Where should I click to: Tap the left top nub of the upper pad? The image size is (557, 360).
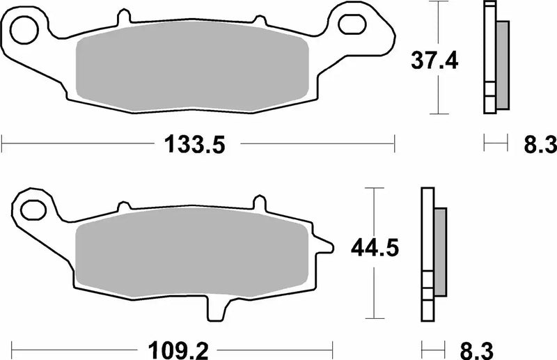click(124, 15)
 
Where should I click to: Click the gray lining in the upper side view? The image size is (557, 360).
click(502, 64)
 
